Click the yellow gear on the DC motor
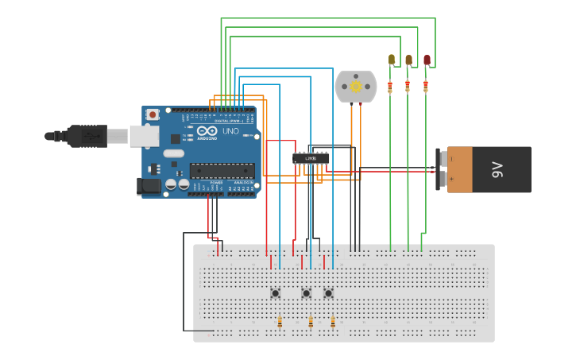tap(356, 86)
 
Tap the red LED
tap(427, 60)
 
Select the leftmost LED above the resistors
tap(392, 59)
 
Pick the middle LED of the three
tap(408, 60)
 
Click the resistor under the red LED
tap(426, 86)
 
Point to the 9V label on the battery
tap(497, 169)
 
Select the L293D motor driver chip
tap(311, 158)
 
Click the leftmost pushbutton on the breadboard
tap(276, 293)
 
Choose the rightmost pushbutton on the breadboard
tap(328, 293)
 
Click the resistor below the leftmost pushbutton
tap(280, 322)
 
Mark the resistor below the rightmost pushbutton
tap(333, 322)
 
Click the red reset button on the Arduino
tap(153, 114)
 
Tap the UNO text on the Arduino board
tap(230, 131)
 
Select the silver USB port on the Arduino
tap(144, 136)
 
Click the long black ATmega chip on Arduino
tap(222, 170)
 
